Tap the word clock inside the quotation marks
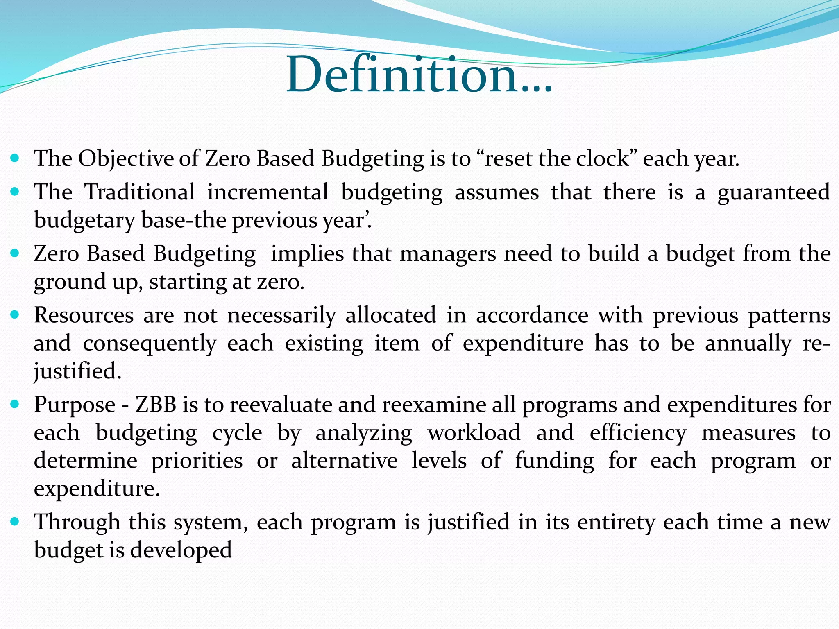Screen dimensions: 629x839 (x=602, y=159)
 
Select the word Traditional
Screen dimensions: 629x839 (x=140, y=192)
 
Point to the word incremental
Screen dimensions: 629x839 (x=268, y=192)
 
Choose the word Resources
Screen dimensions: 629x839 (x=84, y=316)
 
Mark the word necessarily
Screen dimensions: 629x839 (x=281, y=316)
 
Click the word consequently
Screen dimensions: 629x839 (x=150, y=344)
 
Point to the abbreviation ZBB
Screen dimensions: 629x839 (x=156, y=405)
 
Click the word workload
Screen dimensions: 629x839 (x=474, y=433)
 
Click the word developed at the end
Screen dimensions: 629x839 (x=181, y=550)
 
